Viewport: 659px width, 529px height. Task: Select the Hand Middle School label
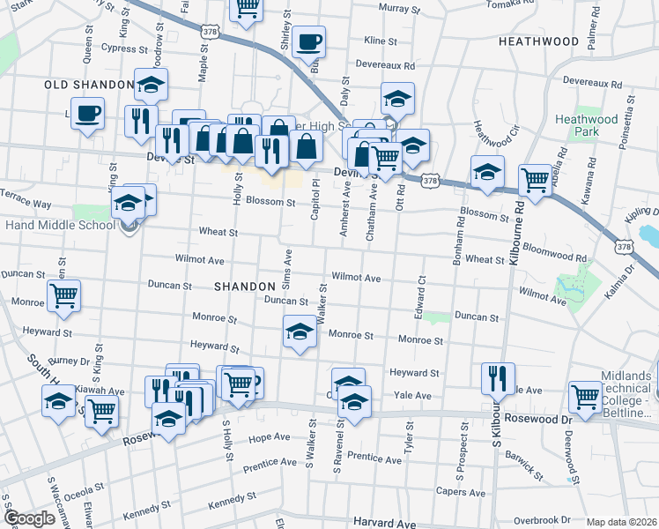pyautogui.click(x=58, y=225)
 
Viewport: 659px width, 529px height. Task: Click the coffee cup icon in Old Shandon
pyautogui.click(x=88, y=113)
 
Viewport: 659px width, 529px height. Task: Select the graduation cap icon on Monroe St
pyautogui.click(x=300, y=332)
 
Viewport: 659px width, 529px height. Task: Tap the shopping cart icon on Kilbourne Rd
pyautogui.click(x=535, y=179)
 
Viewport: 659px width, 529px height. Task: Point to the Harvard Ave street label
pyautogui.click(x=382, y=523)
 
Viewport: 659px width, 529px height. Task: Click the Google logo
pyautogui.click(x=29, y=518)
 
